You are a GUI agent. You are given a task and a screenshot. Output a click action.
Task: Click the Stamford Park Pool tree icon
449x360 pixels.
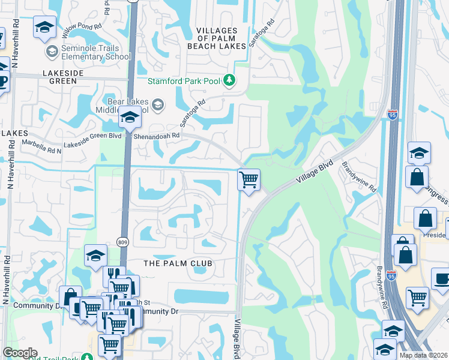229,80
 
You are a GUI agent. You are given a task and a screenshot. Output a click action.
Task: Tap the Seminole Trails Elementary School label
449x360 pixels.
96,52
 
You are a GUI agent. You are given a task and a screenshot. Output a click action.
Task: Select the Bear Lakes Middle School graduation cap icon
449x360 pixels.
157,106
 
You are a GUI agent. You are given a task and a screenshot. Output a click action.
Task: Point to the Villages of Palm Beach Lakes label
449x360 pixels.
221,38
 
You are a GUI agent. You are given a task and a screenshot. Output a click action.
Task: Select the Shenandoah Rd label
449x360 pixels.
160,136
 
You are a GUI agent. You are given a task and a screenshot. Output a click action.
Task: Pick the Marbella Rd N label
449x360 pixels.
41,143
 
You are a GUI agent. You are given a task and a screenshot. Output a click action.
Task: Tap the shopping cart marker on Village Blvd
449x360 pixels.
249,179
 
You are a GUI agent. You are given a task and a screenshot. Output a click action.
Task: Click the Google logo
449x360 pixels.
20,353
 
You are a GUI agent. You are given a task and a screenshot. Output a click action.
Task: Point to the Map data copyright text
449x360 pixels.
424,355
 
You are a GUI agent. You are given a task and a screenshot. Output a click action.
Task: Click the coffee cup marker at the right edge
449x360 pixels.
441,279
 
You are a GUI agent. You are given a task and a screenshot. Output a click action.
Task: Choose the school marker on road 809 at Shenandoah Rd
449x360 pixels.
129,118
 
